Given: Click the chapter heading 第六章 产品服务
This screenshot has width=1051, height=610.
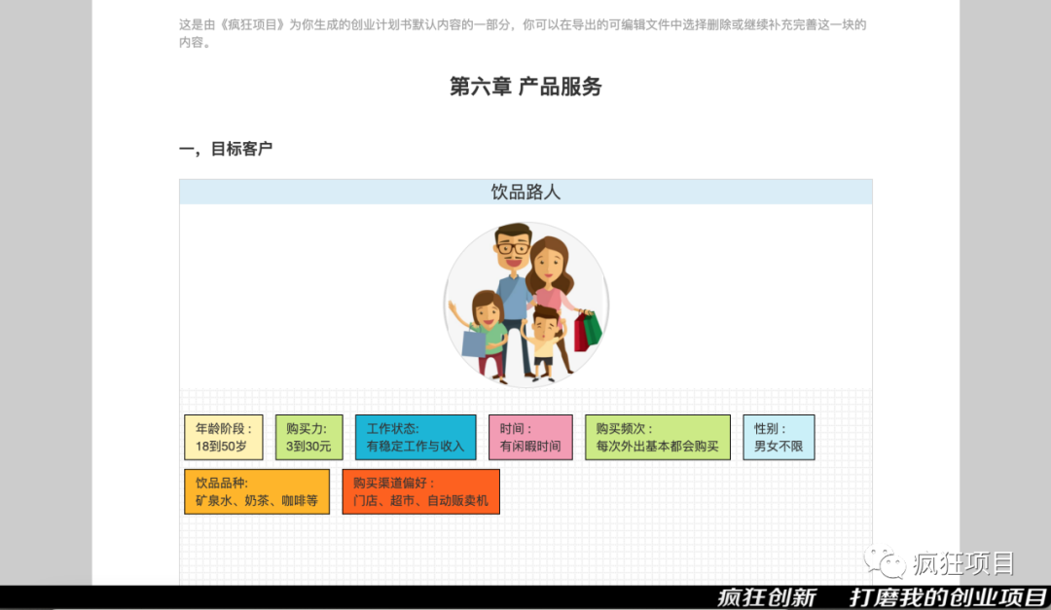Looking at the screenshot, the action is coord(525,87).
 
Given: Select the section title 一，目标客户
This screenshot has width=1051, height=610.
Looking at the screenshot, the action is coord(225,149).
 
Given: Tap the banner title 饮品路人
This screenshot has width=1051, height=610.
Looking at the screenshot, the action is coord(525,193).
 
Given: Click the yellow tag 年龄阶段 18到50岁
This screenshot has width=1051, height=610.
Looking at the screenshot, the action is coord(224,437).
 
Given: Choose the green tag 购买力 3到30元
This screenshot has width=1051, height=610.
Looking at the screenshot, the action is coord(309,437).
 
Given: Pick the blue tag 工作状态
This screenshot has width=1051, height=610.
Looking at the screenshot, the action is coord(416,437).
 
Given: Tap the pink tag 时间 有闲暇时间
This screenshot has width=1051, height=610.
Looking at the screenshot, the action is coord(531,437).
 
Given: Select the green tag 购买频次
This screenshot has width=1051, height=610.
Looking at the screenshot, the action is coord(658,437).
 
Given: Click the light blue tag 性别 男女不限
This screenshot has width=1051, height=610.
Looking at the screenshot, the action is coord(779,437).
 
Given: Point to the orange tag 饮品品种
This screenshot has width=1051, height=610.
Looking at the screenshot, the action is coord(257,491).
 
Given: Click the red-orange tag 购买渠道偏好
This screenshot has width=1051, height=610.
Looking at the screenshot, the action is coord(421,491).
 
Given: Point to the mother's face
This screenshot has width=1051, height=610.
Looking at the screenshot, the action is coord(548,263).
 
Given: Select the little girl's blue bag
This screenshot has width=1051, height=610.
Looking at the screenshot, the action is coord(473,343).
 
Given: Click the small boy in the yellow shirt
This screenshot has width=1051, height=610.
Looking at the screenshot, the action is coord(544,341).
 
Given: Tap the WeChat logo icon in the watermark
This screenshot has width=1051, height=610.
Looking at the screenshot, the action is coord(886,561).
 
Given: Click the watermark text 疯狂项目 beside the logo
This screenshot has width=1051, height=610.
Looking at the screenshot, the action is coord(963,563).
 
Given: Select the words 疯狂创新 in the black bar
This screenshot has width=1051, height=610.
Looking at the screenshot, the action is coord(767,597).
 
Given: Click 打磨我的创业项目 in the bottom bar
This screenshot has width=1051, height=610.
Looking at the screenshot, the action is coord(948,597).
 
